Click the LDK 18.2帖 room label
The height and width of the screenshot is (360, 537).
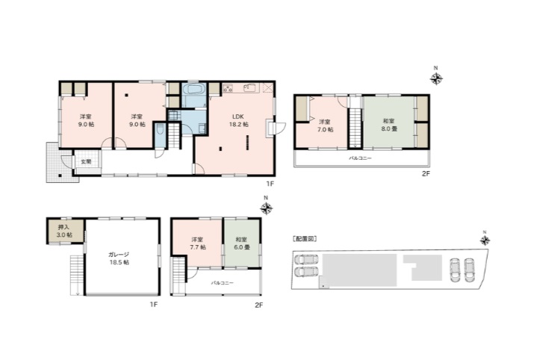tap(239, 120)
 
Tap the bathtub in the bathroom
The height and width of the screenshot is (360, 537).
tap(194, 90)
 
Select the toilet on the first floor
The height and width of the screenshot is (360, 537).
tap(159, 129)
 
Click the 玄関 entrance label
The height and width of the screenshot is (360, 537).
tap(86, 161)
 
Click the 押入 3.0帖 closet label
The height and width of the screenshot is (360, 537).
tap(65, 231)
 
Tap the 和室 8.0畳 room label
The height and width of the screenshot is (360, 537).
tap(389, 125)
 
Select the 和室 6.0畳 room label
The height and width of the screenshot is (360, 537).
tap(241, 243)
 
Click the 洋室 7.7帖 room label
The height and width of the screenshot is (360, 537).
tap(198, 243)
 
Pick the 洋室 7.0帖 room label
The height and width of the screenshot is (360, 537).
tap(325, 125)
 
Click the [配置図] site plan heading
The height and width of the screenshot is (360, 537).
tap(304, 239)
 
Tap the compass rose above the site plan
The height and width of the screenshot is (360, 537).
tap(485, 240)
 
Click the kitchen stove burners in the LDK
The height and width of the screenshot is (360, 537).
tap(227, 88)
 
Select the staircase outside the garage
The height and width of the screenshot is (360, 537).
tap(77, 275)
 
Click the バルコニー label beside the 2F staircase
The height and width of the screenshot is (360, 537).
tap(223, 283)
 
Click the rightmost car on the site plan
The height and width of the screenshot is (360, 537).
tap(468, 270)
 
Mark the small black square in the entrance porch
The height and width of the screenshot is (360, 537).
tap(60, 176)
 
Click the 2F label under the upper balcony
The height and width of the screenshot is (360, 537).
tap(426, 174)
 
